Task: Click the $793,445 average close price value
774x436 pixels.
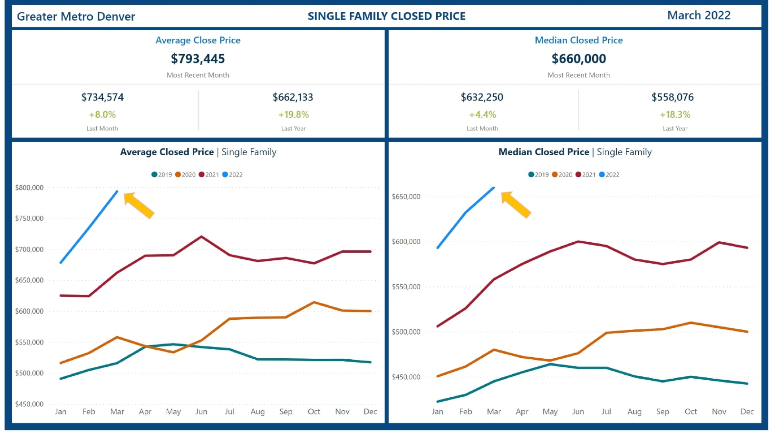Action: point(198,59)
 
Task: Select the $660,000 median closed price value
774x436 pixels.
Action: point(578,59)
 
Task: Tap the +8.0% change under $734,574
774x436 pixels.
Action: point(102,115)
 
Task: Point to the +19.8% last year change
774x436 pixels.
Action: point(293,115)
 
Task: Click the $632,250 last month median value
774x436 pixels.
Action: point(482,97)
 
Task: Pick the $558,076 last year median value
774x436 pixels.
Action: point(672,97)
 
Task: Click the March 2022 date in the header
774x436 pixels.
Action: point(699,15)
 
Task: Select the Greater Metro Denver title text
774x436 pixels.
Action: point(76,17)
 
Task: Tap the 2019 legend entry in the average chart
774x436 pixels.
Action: point(162,175)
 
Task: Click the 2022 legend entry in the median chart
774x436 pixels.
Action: point(609,175)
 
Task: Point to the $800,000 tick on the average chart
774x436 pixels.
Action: point(29,188)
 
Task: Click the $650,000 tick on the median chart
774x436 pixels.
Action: point(406,197)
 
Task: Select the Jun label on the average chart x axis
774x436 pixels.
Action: point(201,412)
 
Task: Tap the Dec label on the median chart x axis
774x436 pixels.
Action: point(747,412)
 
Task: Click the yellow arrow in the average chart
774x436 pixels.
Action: point(139,205)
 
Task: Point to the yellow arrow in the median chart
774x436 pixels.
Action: point(516,205)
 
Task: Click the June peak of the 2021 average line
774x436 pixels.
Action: point(201,237)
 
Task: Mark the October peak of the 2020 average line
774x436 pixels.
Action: point(314,302)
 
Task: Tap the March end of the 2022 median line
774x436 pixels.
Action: point(494,188)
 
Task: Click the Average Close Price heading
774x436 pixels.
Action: point(198,40)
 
